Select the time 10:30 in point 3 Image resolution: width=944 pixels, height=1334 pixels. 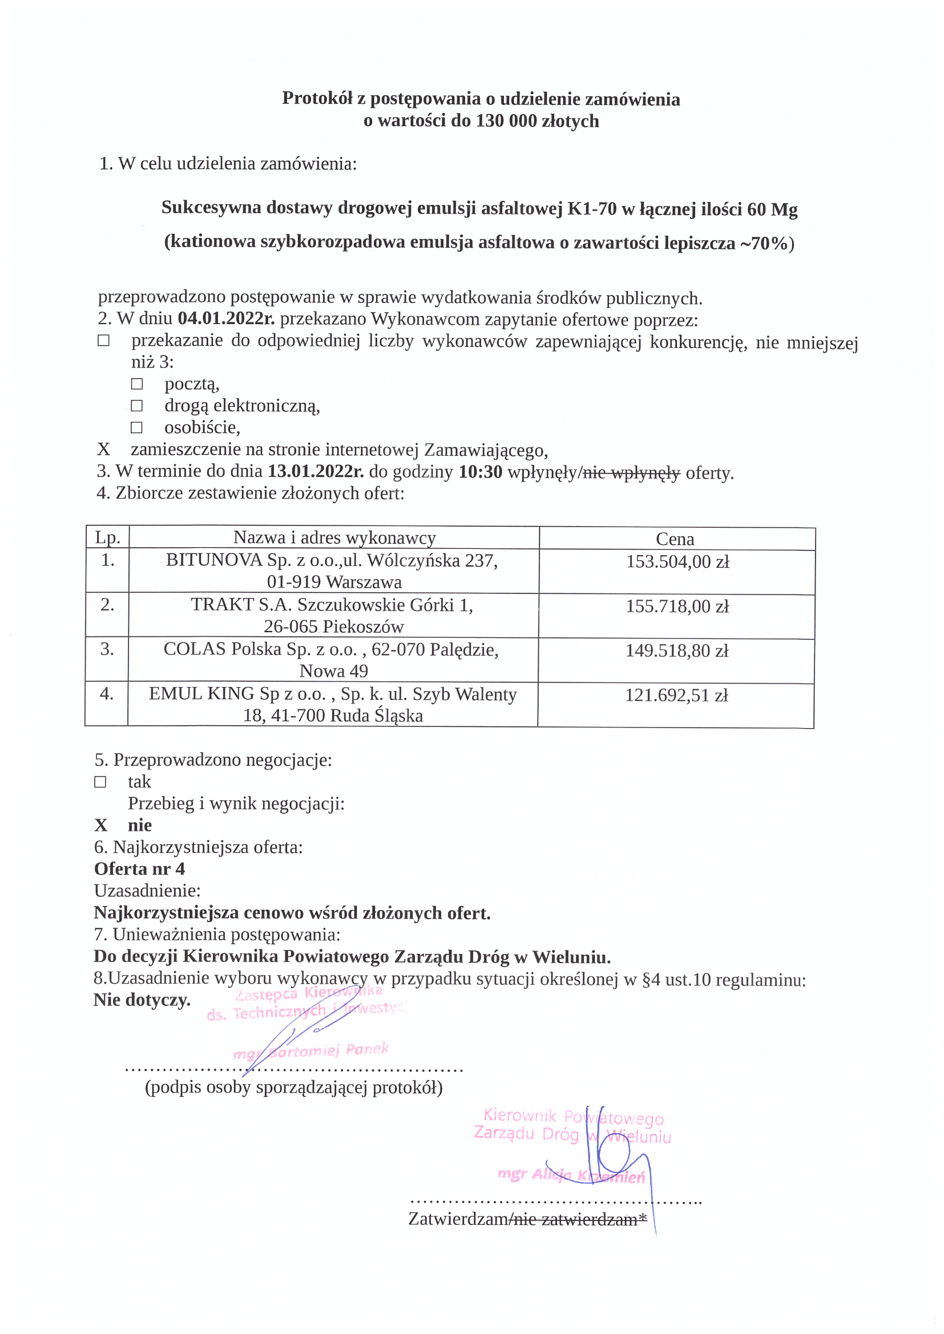pos(480,472)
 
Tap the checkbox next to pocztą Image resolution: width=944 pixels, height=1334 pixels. pos(136,384)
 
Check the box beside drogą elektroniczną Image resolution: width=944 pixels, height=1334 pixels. pos(136,406)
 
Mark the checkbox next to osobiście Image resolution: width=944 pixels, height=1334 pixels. pos(136,427)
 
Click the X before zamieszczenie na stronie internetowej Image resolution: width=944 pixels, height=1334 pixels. pos(103,449)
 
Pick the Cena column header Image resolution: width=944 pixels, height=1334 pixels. pos(675,539)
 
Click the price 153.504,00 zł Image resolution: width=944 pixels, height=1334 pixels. pos(677,561)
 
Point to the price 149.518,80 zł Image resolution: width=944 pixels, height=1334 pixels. pos(677,650)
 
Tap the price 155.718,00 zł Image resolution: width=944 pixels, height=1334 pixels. pos(677,606)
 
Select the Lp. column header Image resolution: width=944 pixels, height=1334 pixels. pos(107,538)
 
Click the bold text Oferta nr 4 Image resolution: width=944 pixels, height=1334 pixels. pos(139,868)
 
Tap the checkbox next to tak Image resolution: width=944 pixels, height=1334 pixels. pos(100,782)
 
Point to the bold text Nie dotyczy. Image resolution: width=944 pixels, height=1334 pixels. pos(142,999)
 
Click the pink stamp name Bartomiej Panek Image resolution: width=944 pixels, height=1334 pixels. pos(328,1050)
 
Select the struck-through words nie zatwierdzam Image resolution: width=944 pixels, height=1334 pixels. pos(574,1219)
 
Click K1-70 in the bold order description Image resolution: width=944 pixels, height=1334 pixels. pos(592,208)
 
